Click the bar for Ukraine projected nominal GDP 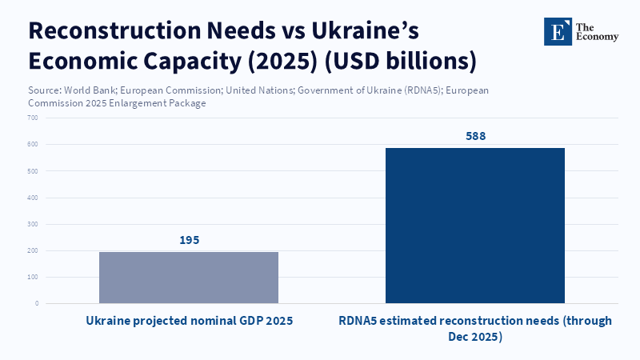[189, 278]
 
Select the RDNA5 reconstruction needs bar [475, 226]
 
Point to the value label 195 [189, 240]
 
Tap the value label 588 [475, 136]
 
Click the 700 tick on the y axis [33, 118]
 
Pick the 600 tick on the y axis [33, 144]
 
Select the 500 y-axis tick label [33, 171]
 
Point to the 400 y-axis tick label [33, 198]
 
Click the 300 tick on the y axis [33, 224]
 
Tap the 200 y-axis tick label [33, 250]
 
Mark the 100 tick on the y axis [33, 277]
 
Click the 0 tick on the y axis [36, 303]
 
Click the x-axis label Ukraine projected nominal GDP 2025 [189, 321]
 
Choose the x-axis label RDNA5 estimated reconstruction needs [475, 328]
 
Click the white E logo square [558, 31]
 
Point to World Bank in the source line [91, 90]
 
